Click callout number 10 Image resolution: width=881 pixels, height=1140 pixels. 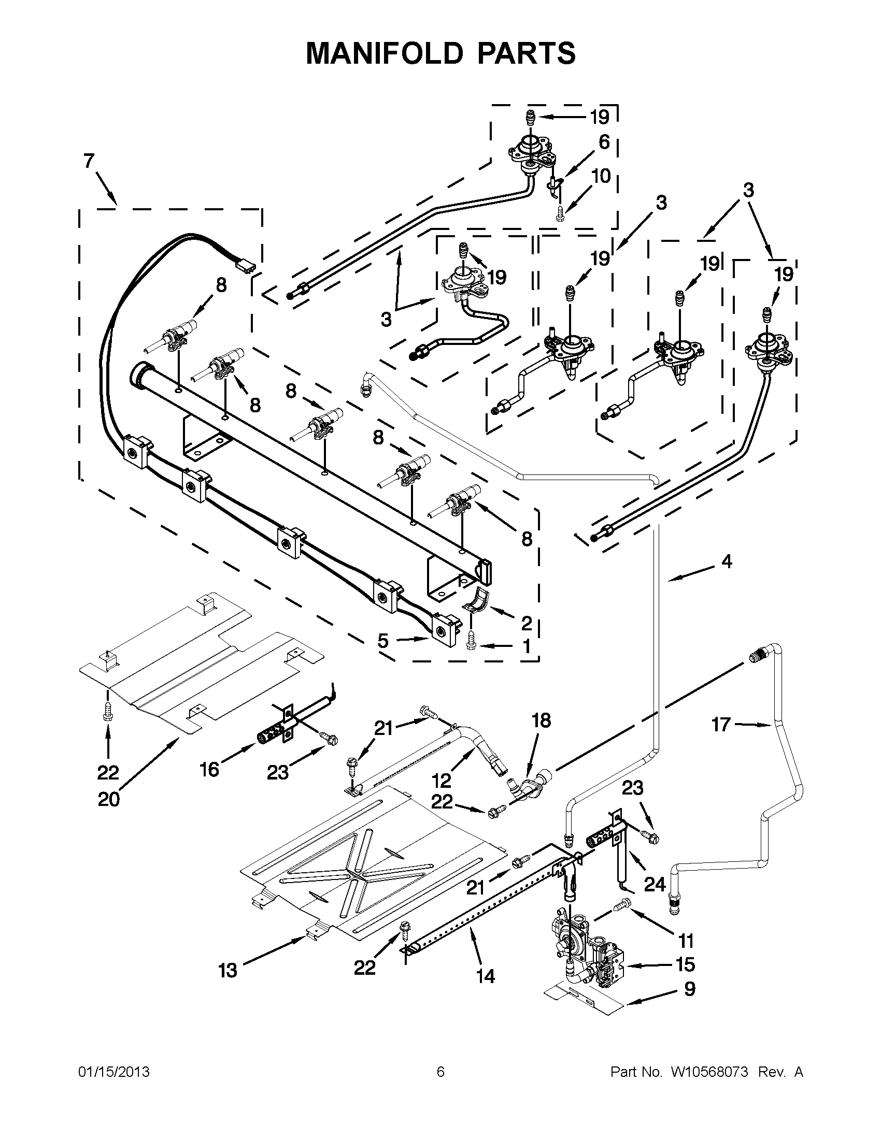tap(602, 177)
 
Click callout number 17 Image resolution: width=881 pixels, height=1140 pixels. tap(721, 725)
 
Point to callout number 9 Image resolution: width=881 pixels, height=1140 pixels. tap(689, 989)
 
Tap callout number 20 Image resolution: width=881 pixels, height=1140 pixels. tap(109, 799)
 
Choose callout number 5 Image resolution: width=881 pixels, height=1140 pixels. tap(383, 641)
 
